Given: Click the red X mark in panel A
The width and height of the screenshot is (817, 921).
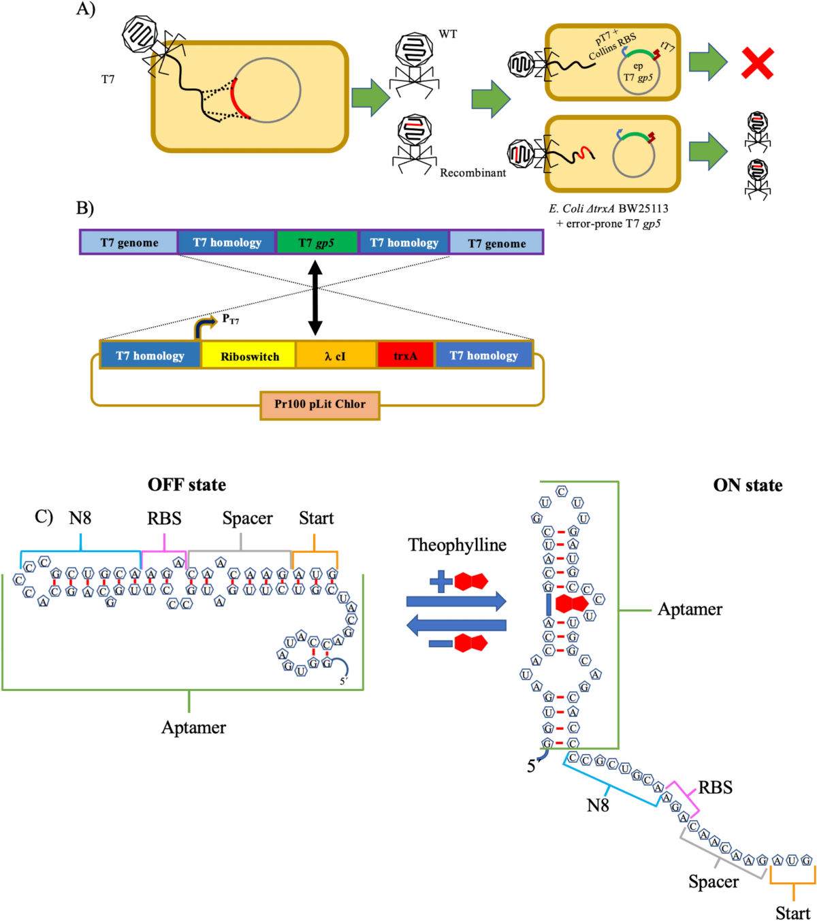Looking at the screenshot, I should tap(757, 64).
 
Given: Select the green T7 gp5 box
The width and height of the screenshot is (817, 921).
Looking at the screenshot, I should tap(317, 242).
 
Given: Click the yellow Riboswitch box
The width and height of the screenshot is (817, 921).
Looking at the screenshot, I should tap(249, 356).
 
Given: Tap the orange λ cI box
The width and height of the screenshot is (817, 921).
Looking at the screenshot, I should tap(336, 356).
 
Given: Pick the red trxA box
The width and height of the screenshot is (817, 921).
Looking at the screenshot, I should tap(405, 356).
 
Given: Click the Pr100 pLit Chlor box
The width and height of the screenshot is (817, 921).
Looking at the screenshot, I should tap(320, 404).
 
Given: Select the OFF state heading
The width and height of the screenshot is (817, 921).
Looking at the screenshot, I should tap(187, 485).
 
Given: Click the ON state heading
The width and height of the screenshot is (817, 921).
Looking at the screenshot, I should tap(747, 485).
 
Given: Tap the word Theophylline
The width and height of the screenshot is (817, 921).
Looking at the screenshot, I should tap(457, 545).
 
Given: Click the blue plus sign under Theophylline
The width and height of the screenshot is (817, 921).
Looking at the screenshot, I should tap(440, 581).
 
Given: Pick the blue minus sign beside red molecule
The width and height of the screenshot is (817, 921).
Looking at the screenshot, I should tap(440, 643).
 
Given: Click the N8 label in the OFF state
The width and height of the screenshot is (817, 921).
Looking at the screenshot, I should tap(80, 519).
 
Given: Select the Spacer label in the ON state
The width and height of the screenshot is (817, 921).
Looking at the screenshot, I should tap(713, 882).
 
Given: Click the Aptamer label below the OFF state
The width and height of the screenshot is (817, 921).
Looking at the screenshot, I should tap(193, 728).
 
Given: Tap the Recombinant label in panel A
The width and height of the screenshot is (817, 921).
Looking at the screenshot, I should tap(472, 173).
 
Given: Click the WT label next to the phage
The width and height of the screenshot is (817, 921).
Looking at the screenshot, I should tap(447, 34).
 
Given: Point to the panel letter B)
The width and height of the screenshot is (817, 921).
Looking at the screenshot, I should tap(85, 208).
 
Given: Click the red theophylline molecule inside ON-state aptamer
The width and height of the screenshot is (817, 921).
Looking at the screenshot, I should tap(571, 604).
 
